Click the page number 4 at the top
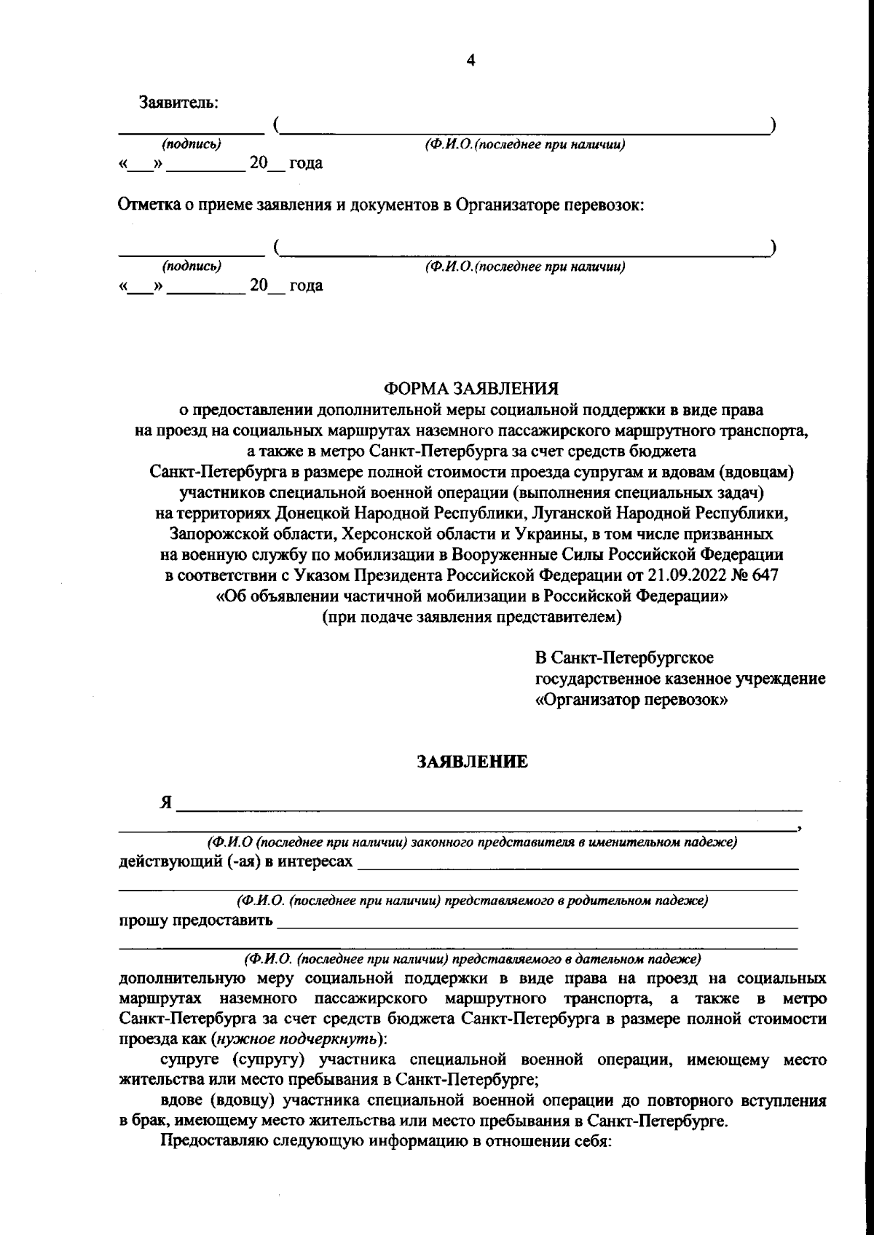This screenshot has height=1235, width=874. [x=471, y=61]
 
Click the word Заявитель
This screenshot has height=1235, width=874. [x=178, y=103]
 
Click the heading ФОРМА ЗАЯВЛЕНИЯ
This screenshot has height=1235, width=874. [x=471, y=388]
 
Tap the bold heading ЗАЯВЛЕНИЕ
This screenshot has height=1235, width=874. [x=472, y=762]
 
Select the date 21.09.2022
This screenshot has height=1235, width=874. [x=682, y=575]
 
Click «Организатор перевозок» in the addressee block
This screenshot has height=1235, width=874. [x=632, y=700]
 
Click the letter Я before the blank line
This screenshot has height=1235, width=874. [x=166, y=803]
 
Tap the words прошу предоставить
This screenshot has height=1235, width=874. [x=195, y=920]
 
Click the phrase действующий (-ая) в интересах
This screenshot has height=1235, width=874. [x=235, y=861]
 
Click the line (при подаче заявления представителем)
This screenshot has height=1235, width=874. [x=472, y=617]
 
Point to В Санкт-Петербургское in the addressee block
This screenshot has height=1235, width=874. [x=624, y=658]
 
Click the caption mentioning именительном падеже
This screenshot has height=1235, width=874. [x=472, y=842]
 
